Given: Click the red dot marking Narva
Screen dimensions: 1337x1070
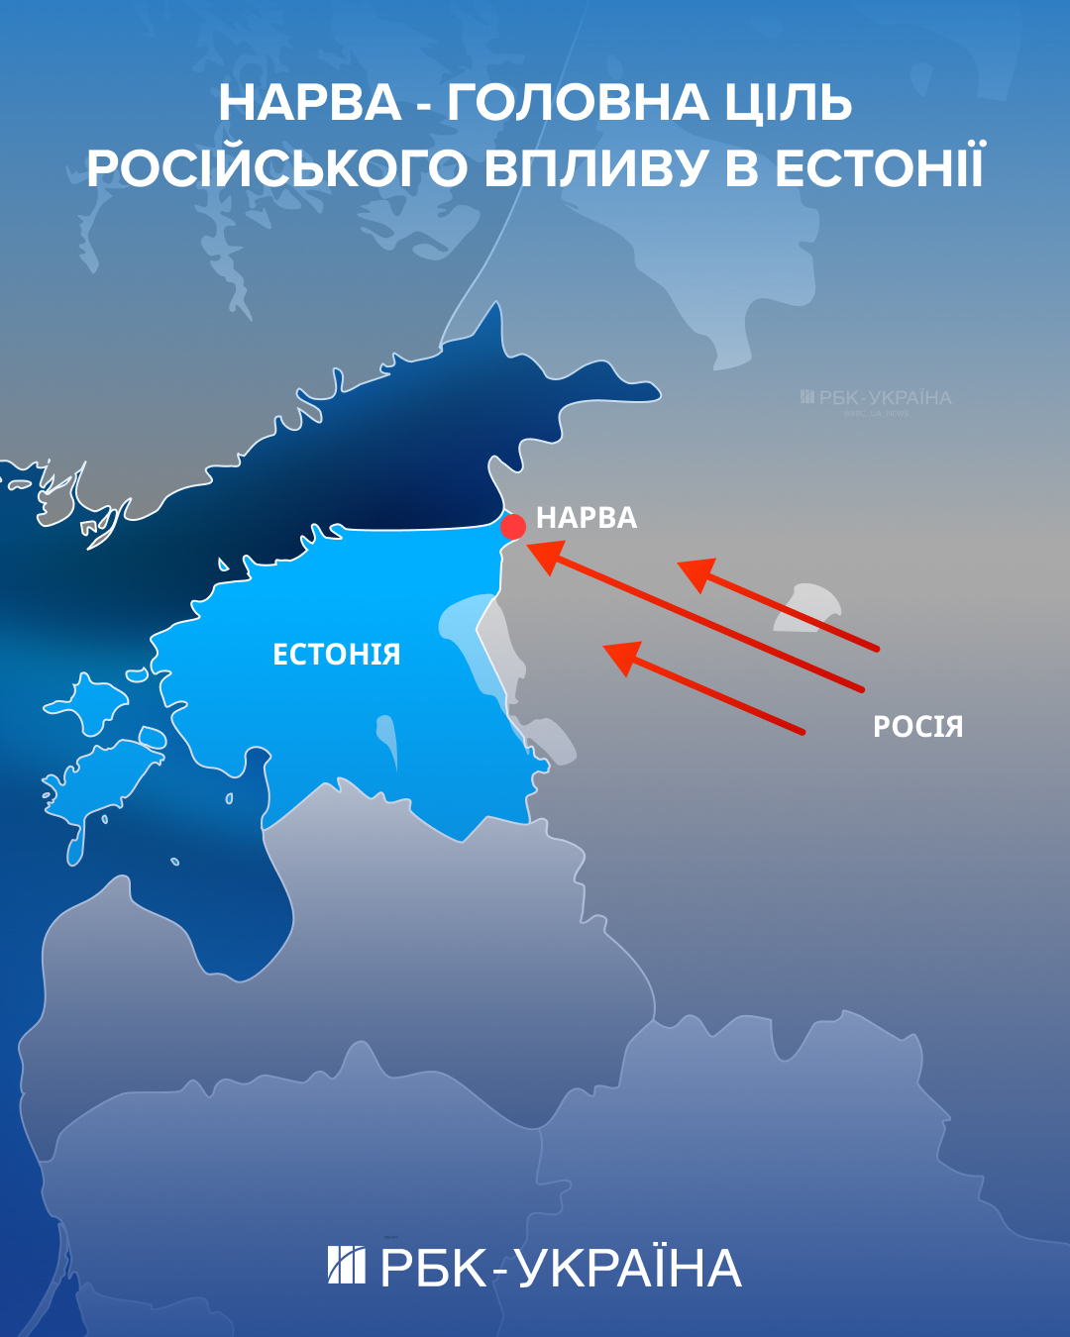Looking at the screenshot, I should [x=513, y=526].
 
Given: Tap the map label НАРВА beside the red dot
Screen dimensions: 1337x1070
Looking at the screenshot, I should [x=587, y=518].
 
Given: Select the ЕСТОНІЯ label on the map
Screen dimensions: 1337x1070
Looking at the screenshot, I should [x=337, y=655].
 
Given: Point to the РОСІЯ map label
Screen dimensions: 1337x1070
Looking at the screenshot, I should [x=917, y=727].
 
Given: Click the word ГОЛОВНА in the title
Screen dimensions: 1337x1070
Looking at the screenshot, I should [x=578, y=103].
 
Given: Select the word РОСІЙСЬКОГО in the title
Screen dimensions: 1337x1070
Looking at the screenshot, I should [x=276, y=168].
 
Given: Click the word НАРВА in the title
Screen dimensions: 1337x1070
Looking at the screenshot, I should [x=310, y=103].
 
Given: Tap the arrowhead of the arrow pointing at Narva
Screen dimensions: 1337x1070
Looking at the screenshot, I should [x=544, y=556].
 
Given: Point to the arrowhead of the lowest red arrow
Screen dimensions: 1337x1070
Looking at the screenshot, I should [x=622, y=656].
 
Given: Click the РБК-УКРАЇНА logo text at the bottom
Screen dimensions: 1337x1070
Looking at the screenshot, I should [x=561, y=1269].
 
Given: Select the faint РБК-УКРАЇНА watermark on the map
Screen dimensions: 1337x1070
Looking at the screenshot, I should [x=876, y=398].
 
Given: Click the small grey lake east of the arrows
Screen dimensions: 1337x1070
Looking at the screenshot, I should [x=806, y=606].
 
